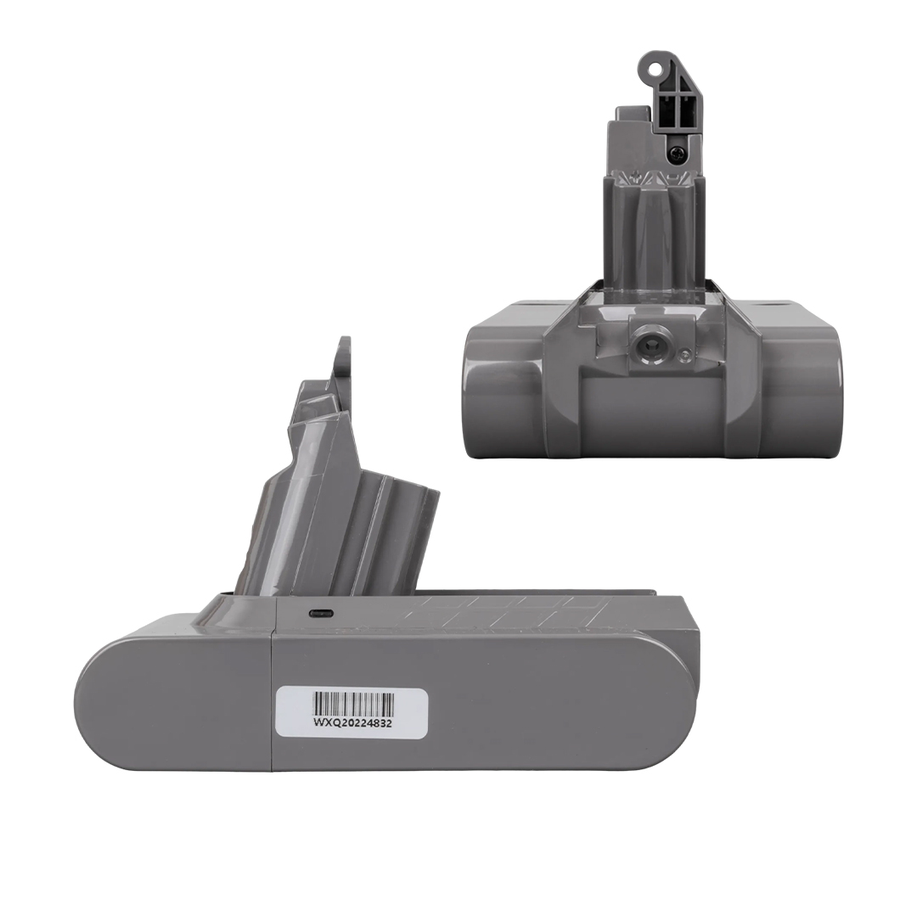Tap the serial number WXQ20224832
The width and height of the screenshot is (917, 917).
[352, 722]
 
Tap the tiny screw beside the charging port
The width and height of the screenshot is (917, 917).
[684, 353]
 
